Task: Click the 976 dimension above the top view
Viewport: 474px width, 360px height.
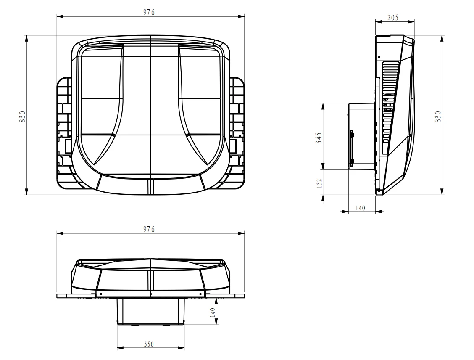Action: (149, 12)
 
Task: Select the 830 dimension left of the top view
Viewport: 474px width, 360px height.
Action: (23, 116)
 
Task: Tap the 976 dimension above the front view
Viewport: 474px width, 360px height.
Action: (149, 229)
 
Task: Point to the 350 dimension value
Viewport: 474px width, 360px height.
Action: (149, 344)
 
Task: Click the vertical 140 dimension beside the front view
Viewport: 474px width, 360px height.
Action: (213, 312)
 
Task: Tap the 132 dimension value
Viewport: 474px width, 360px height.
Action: (319, 183)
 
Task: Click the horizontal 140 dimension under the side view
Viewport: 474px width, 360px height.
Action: (361, 207)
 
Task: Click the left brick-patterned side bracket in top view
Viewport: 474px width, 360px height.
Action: (64, 130)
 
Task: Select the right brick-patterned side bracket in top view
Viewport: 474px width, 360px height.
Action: (237, 130)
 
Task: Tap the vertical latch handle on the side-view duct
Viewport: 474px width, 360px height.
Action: (352, 147)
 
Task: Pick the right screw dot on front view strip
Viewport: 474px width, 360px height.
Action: (201, 294)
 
